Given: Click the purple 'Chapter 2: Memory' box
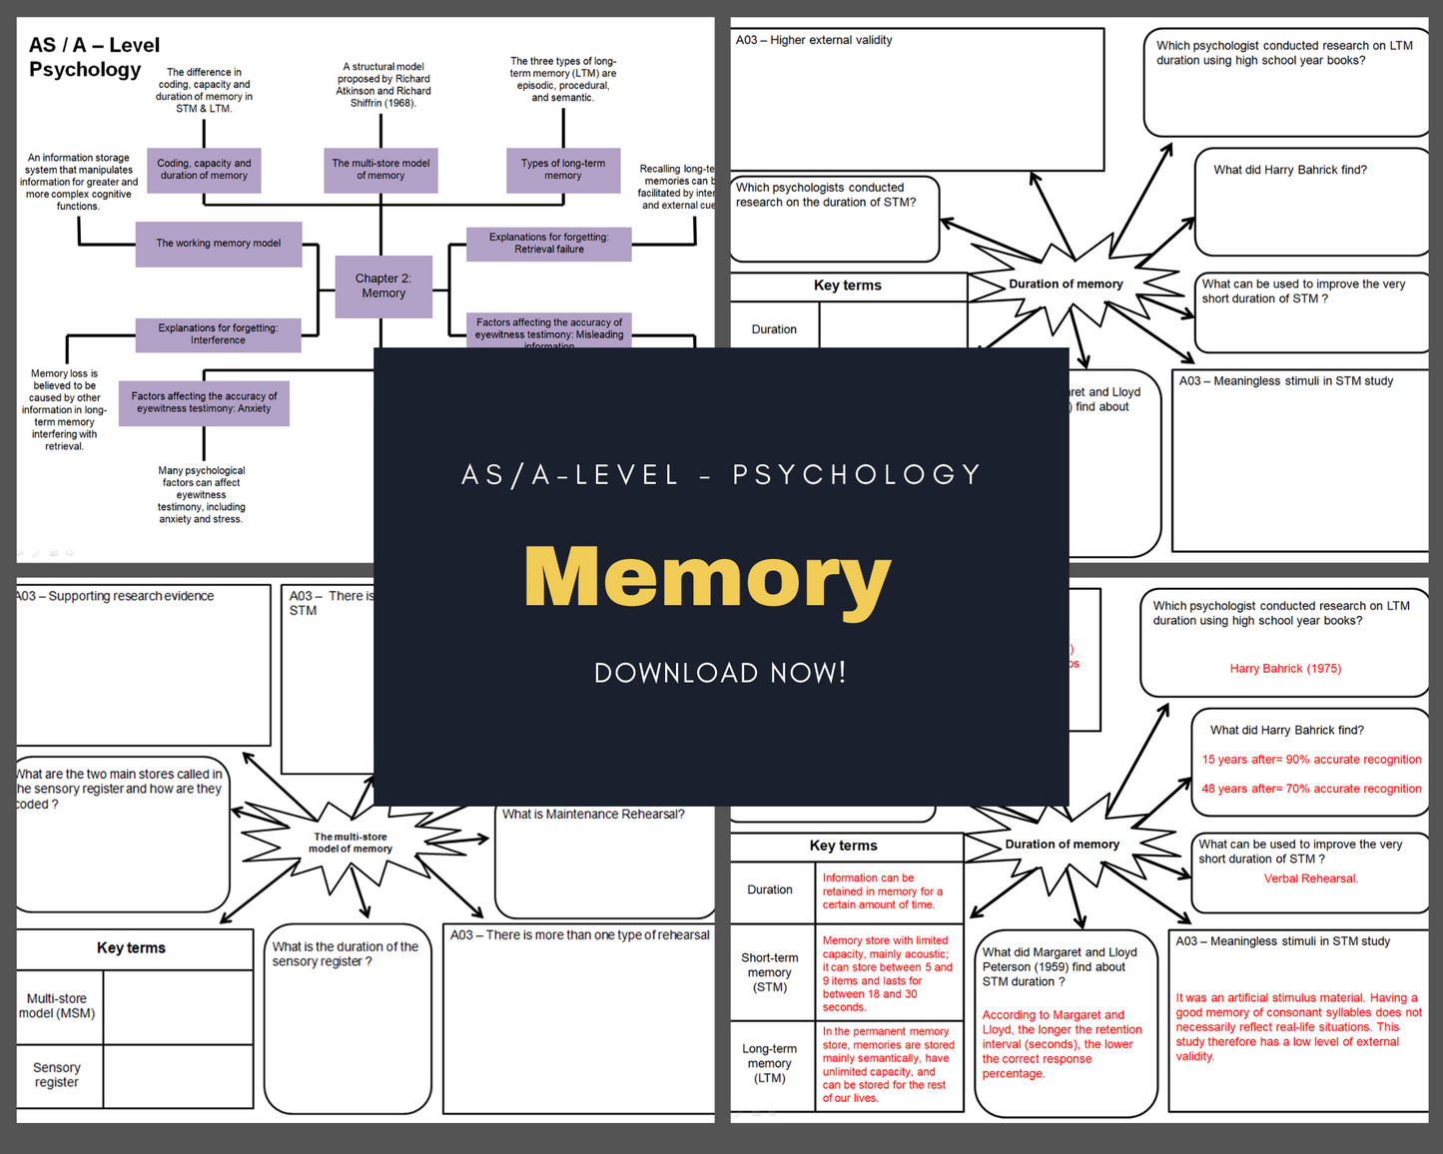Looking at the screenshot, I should click(383, 286).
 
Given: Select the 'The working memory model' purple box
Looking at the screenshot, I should click(219, 244).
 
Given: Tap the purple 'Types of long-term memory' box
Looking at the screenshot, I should click(563, 170).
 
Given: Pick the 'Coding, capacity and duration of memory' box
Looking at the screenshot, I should click(204, 170).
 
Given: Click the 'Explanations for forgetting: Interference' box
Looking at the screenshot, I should click(218, 334).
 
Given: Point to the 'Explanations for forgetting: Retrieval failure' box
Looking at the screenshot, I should click(548, 244).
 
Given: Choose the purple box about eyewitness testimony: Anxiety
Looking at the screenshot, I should click(204, 402).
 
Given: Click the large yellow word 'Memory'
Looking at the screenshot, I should click(707, 578).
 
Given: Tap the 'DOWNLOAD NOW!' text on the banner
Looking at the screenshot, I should click(720, 673).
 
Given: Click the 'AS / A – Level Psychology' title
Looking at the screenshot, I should click(93, 57).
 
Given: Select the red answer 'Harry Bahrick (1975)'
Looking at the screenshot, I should click(1285, 669).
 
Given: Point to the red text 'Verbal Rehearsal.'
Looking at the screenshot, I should click(1310, 878).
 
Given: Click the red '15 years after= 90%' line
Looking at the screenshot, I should click(1311, 760).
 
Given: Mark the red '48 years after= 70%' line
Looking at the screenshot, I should click(1311, 789).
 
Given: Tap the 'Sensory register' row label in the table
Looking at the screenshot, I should click(57, 1075).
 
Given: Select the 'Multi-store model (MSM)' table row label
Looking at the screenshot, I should click(57, 1006).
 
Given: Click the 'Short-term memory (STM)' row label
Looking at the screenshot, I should click(769, 972).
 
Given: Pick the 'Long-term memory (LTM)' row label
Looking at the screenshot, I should click(769, 1063).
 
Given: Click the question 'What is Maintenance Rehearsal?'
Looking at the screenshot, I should click(593, 815).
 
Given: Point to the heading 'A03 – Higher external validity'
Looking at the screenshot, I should click(814, 41).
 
